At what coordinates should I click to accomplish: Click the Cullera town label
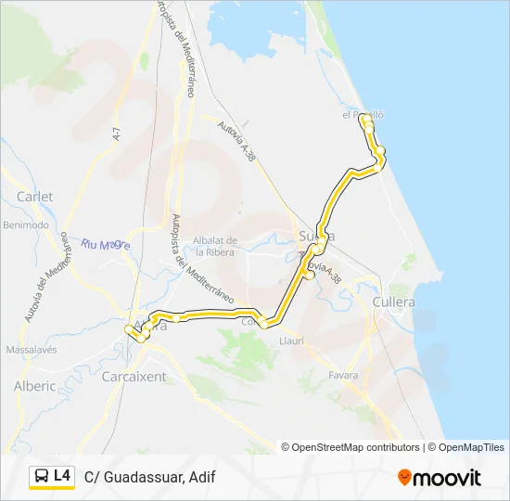(394, 302)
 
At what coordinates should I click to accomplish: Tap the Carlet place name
(35, 197)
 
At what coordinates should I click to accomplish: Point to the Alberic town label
(35, 386)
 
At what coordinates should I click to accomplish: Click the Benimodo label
(26, 225)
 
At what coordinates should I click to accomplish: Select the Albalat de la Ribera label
(216, 246)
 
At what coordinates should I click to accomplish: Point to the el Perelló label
(363, 115)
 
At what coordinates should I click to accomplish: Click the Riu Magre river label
(105, 245)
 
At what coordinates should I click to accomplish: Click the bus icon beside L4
(42, 477)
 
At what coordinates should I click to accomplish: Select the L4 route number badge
(62, 476)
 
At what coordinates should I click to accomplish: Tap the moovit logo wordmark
(447, 478)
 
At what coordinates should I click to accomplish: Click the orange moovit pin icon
(404, 478)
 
